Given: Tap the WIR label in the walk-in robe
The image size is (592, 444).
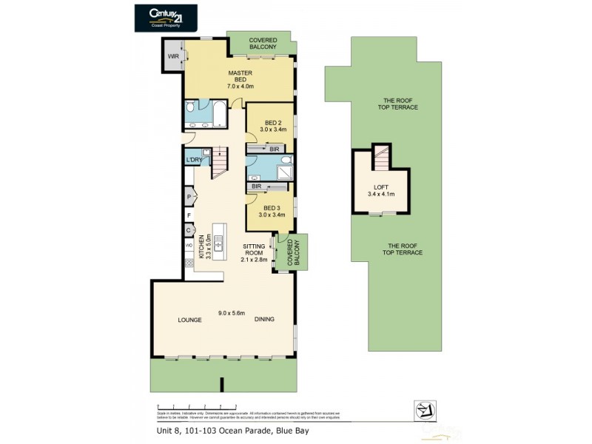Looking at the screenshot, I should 173,55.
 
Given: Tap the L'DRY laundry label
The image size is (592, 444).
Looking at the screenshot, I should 195,161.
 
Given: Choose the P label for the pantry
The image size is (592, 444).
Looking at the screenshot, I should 189,197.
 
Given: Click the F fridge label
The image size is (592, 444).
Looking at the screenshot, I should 189,215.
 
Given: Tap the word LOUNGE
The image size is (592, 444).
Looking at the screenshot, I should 189,320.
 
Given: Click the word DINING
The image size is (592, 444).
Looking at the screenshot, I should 264,320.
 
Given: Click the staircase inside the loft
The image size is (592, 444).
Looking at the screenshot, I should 380,157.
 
